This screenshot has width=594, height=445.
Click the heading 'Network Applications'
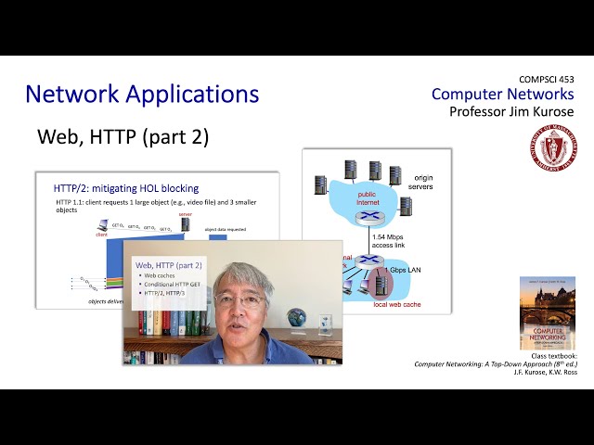(142, 94)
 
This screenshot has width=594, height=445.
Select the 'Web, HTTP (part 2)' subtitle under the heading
(123, 137)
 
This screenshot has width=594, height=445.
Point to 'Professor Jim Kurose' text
(510, 111)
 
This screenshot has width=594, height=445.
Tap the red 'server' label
(185, 213)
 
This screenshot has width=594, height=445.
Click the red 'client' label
(101, 235)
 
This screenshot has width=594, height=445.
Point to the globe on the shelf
(298, 319)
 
